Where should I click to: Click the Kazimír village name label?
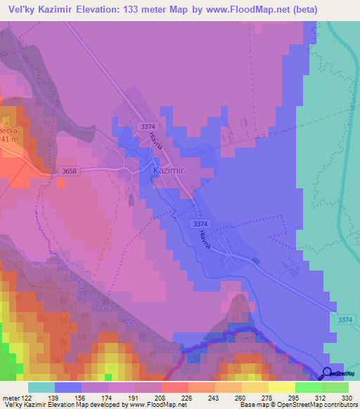[x=168, y=170]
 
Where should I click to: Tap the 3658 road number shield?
[x=68, y=171]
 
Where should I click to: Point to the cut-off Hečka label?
[x=8, y=130]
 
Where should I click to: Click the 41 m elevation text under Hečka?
[x=8, y=139]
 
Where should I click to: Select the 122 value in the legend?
[x=26, y=397]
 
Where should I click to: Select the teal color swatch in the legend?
[x=41, y=387]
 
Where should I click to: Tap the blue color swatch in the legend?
[x=68, y=387]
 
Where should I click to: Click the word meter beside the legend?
[x=10, y=397]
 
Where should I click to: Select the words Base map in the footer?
[x=252, y=405]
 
